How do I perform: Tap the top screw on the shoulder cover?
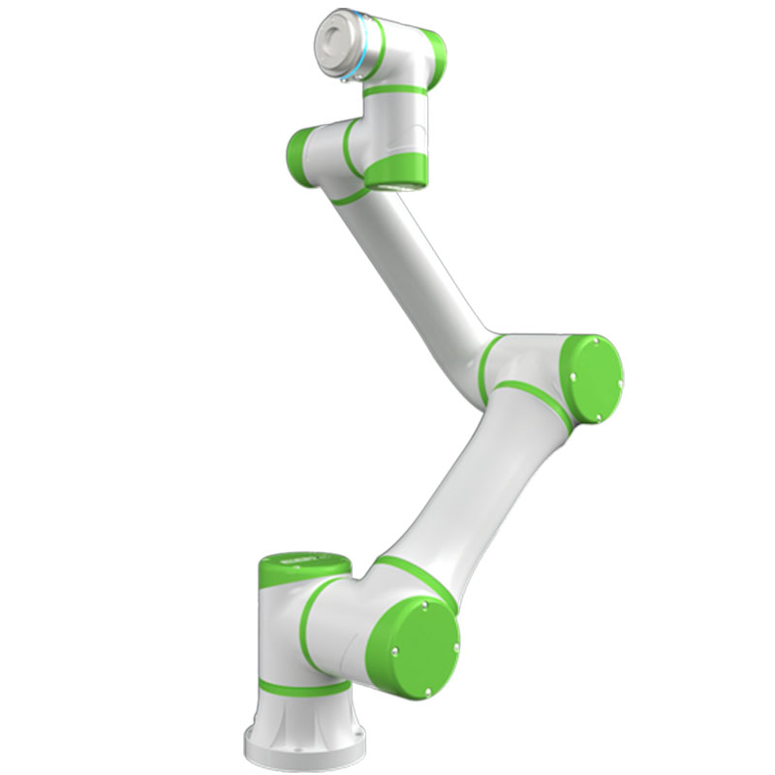424,604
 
